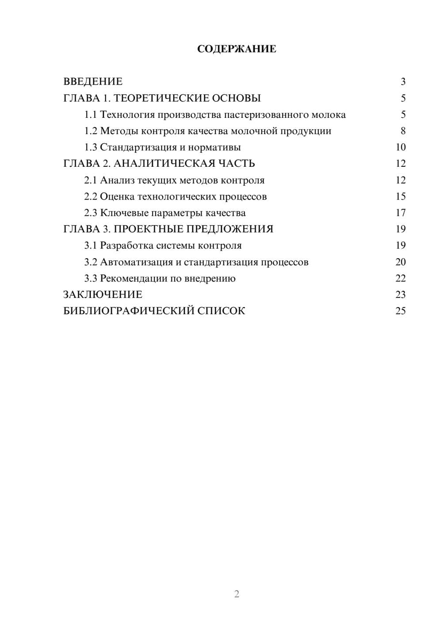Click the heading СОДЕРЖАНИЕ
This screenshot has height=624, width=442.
(x=236, y=49)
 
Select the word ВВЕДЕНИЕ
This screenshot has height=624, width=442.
(x=93, y=82)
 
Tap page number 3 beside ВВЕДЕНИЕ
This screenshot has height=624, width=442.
(x=403, y=82)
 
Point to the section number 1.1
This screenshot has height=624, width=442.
(x=91, y=115)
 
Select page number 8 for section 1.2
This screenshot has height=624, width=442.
(x=403, y=131)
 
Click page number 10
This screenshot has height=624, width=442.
(x=400, y=147)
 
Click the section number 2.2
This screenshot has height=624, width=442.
(x=91, y=196)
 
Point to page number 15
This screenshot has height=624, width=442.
(x=400, y=196)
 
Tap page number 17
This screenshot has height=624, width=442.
(x=400, y=213)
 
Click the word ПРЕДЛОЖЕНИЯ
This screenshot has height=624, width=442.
(x=230, y=229)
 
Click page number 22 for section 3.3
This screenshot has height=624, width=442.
(x=400, y=278)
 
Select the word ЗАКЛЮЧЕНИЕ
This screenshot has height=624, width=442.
(x=103, y=295)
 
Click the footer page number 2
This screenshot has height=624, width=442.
(x=236, y=594)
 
